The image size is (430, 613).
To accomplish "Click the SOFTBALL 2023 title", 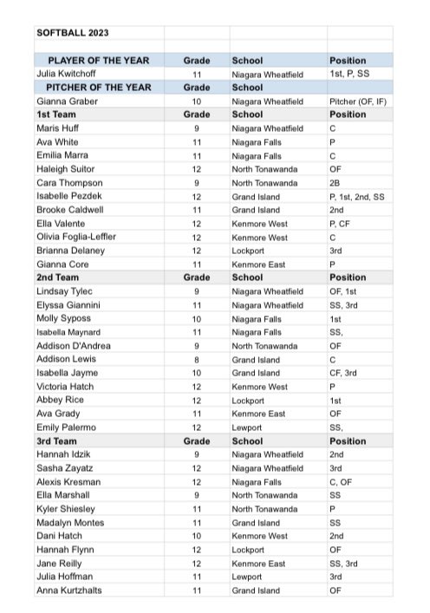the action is click(74, 33).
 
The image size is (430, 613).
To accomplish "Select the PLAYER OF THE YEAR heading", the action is click(98, 61).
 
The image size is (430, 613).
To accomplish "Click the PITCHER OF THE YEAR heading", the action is click(98, 88).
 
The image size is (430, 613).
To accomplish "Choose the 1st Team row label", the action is click(55, 114).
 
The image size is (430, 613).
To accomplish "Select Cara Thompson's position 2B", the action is click(337, 183).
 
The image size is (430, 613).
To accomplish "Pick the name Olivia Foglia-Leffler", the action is click(76, 237).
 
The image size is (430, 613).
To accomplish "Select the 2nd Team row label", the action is click(56, 277).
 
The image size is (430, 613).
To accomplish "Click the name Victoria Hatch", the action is click(66, 387).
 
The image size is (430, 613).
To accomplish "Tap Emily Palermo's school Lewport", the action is click(250, 427).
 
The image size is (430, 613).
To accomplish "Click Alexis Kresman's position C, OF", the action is click(342, 481).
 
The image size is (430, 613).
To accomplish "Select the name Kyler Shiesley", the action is click(66, 509).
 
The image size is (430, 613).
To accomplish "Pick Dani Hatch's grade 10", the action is click(197, 536).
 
